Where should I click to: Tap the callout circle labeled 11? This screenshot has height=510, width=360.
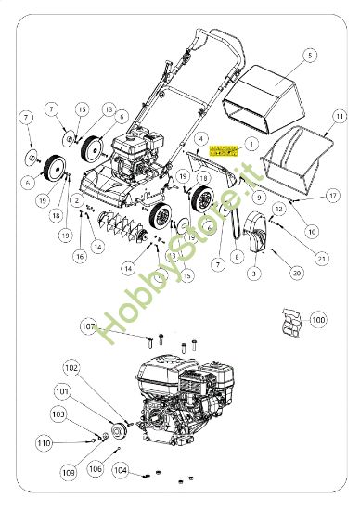(x=340, y=115)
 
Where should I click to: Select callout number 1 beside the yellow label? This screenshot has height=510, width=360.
(x=249, y=146)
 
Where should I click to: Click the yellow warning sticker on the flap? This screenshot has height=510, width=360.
(x=224, y=149)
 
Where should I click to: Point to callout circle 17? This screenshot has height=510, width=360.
(x=332, y=196)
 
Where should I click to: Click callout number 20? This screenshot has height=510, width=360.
(x=297, y=273)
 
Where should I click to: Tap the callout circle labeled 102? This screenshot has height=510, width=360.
(x=71, y=366)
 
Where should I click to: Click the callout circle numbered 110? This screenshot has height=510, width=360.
(x=44, y=444)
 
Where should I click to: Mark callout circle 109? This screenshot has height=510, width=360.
(x=69, y=472)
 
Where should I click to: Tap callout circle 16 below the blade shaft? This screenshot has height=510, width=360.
(x=80, y=256)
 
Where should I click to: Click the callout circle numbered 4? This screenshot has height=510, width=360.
(x=199, y=138)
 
